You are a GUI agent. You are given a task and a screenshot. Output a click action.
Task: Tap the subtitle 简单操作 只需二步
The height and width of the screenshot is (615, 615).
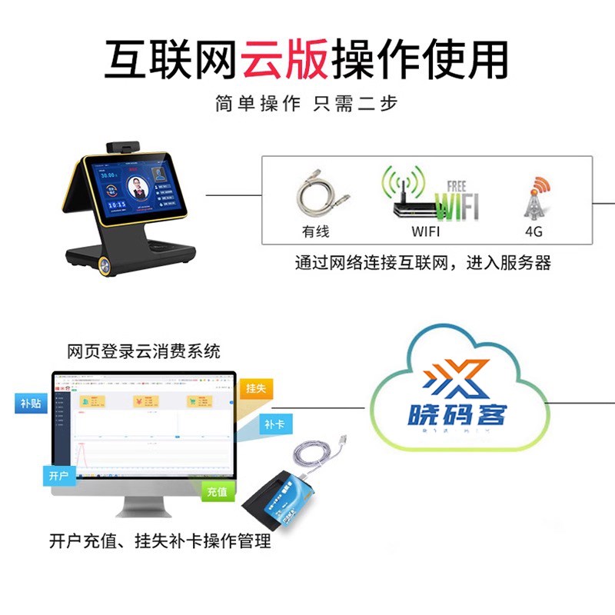307,104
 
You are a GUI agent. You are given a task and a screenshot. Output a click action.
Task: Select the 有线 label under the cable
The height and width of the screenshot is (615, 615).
315,231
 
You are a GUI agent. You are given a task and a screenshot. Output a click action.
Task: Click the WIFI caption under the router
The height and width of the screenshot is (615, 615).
426,231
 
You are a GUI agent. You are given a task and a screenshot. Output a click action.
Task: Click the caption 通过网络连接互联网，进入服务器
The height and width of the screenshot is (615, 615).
424,263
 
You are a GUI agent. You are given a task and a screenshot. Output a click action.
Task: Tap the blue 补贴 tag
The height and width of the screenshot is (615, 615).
31,403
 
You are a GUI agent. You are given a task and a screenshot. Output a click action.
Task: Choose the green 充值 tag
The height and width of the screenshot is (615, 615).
217,491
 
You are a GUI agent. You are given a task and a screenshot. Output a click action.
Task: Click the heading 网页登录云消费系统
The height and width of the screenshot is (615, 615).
144,352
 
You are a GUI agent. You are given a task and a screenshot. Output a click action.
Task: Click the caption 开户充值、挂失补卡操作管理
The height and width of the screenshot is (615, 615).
160,542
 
